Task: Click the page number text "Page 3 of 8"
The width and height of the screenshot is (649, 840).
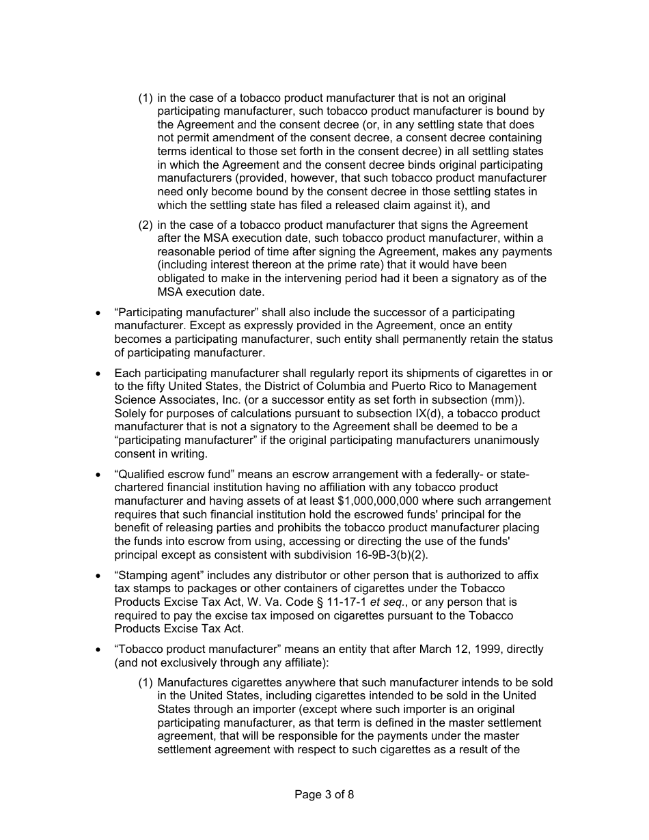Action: point(324,794)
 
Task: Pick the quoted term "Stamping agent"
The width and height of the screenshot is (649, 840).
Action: point(153,575)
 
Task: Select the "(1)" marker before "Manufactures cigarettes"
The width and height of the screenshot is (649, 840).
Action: point(145,682)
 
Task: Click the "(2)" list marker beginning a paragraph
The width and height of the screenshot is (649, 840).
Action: point(145,225)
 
